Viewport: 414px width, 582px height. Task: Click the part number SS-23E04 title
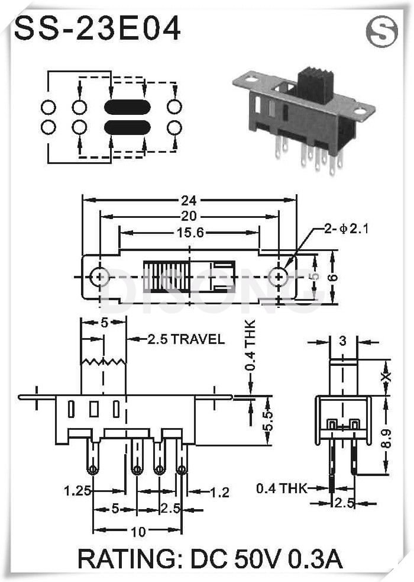(97, 28)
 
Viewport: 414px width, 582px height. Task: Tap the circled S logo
(381, 32)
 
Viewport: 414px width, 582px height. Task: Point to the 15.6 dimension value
(190, 233)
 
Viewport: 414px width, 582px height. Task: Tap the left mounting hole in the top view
(100, 276)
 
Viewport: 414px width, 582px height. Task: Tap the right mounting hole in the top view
(277, 276)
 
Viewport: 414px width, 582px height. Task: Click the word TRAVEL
(198, 339)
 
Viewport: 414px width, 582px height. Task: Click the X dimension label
(385, 377)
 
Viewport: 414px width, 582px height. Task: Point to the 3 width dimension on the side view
(343, 340)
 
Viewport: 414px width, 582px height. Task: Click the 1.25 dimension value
(77, 490)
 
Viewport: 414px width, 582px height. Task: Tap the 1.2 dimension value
(218, 491)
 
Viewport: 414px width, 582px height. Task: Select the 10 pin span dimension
(138, 531)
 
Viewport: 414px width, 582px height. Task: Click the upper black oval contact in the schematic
(127, 107)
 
